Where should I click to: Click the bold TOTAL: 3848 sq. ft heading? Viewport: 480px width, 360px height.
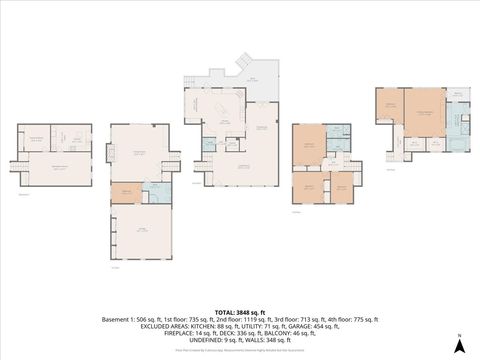pos(240,313)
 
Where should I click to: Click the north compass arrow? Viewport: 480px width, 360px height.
pos(458,345)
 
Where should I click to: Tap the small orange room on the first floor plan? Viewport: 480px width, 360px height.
pos(125,193)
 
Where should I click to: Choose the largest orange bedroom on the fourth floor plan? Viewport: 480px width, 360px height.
pos(422,111)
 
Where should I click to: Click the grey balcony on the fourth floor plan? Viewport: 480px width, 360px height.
pos(458,95)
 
